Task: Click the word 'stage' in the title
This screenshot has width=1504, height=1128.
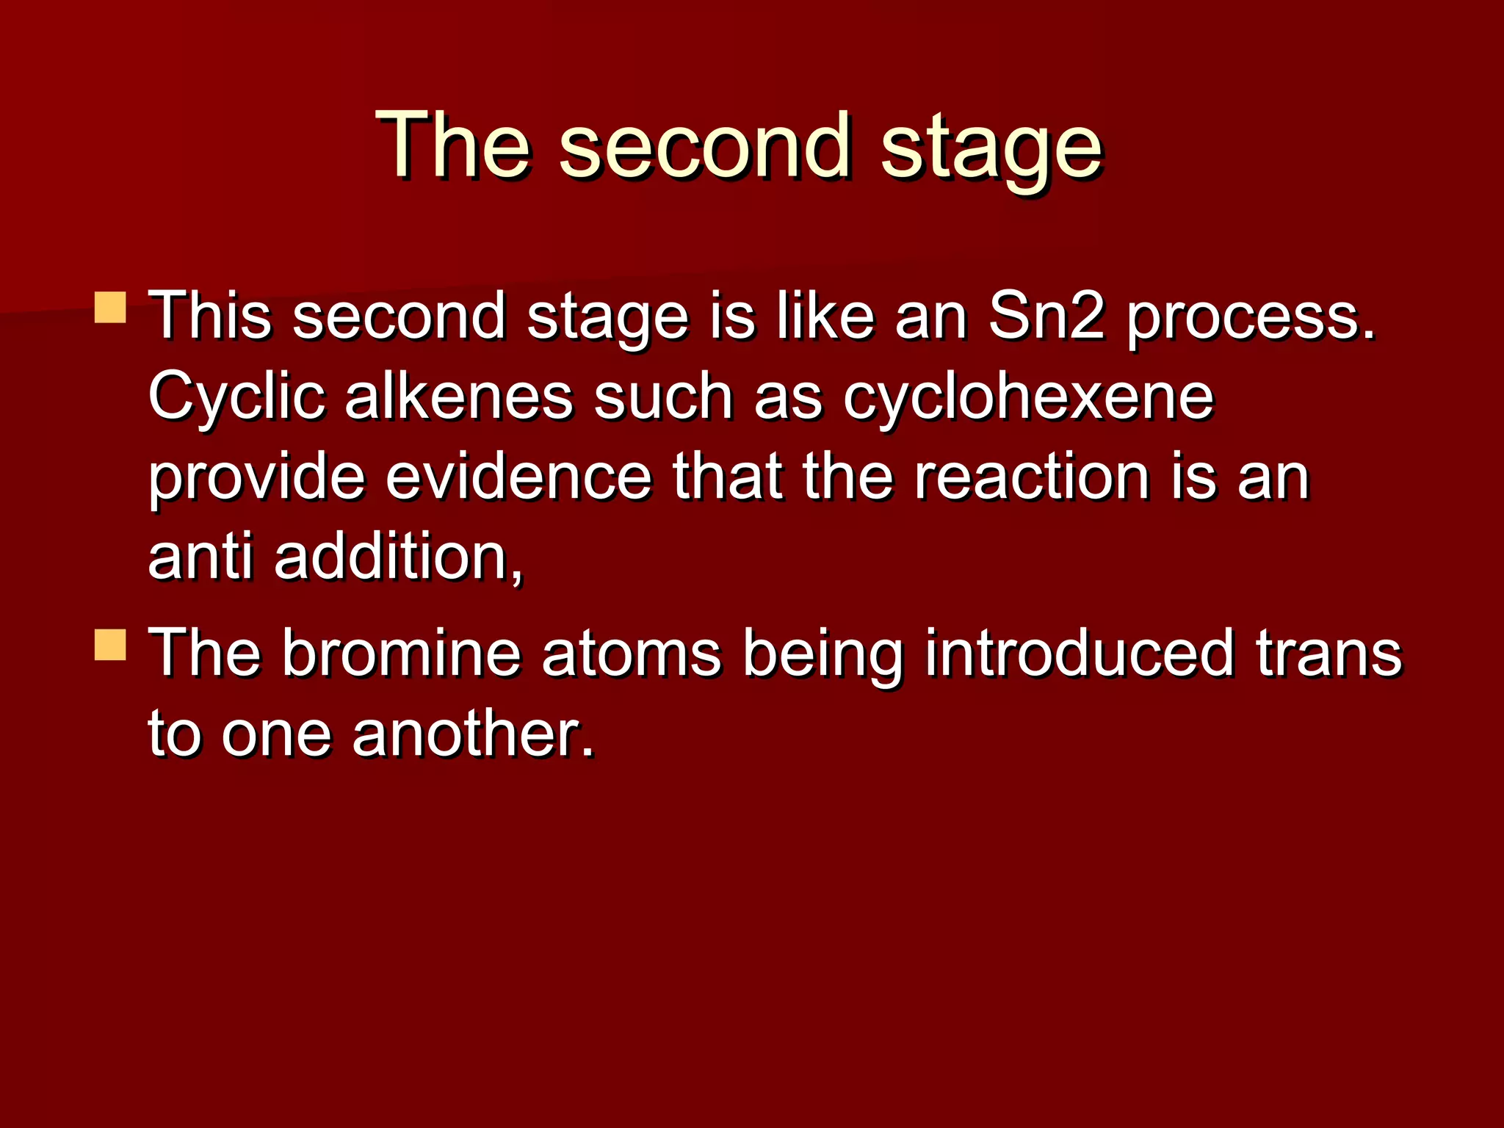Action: pos(991,147)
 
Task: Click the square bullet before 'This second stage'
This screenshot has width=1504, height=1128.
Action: pos(111,308)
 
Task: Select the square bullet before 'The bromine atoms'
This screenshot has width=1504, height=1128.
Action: pos(111,644)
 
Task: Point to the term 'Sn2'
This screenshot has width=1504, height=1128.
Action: pos(1046,316)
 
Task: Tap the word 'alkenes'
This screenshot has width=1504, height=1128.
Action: pos(458,397)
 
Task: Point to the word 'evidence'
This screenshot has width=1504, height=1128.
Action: pos(518,477)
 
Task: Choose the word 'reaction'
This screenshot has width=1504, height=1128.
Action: pos(1032,477)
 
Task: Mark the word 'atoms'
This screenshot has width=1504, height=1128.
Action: pos(631,654)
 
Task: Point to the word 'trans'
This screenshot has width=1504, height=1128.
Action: pos(1328,654)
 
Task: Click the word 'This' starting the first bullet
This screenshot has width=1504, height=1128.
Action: pos(210,316)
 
